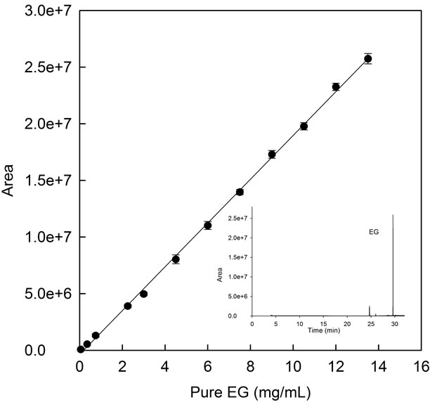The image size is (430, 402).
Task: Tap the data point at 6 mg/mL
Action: [x=208, y=225]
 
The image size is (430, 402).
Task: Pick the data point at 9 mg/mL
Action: [x=272, y=154]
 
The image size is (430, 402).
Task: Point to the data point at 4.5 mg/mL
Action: [x=176, y=259]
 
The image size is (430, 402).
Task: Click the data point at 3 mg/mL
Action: [x=143, y=294]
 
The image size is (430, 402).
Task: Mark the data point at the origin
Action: [x=81, y=349]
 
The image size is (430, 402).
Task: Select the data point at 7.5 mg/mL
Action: [x=240, y=192]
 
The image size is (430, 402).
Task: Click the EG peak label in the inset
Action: [x=374, y=230]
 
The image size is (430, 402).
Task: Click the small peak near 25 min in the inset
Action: [x=370, y=309]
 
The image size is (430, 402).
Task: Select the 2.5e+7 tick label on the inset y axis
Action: [x=234, y=219]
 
